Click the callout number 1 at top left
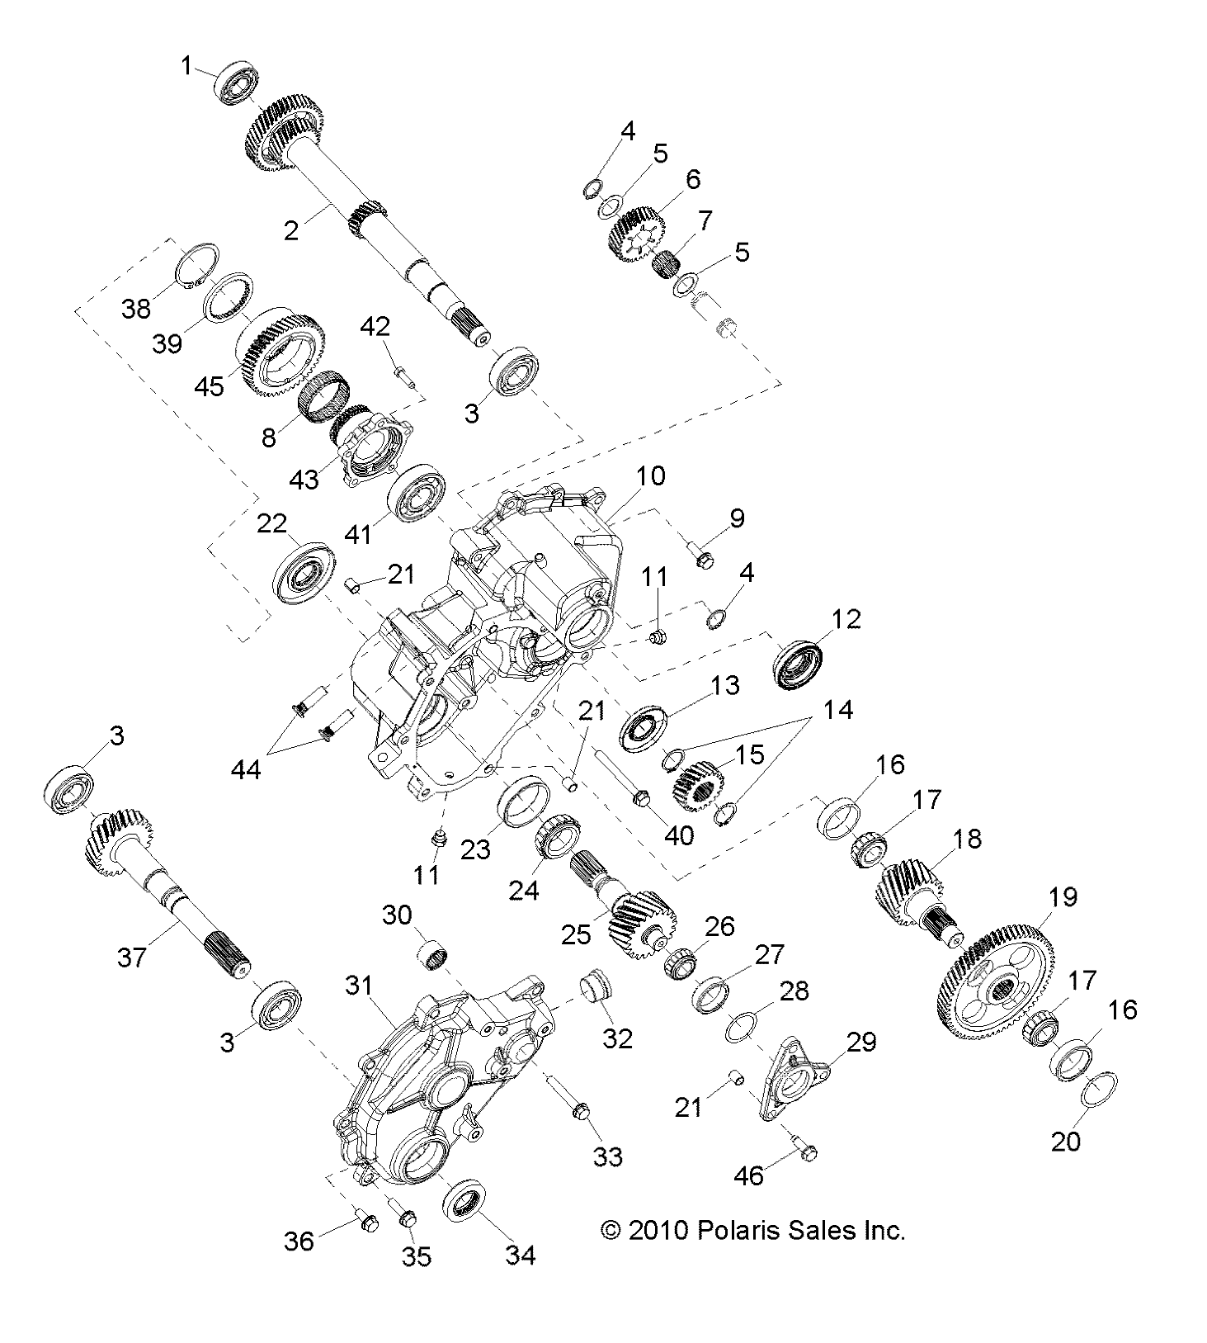(x=187, y=64)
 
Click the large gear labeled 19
(x=997, y=982)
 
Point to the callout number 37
(x=132, y=957)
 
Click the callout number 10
(x=651, y=475)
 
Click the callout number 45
(x=210, y=385)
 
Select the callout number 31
(x=360, y=985)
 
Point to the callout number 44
(x=246, y=770)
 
